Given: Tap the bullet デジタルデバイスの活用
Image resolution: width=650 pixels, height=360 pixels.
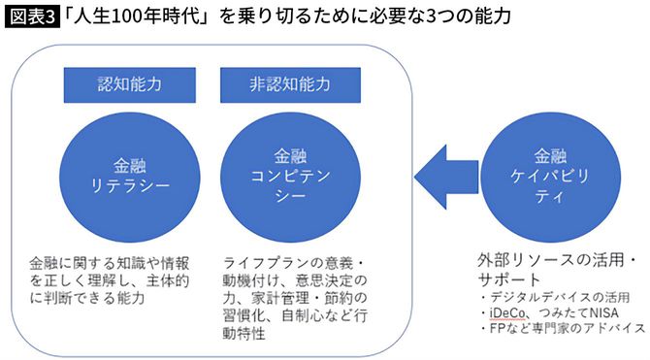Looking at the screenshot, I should coord(557,296).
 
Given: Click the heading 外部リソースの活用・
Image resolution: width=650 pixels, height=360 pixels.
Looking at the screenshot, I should coord(556,261).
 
